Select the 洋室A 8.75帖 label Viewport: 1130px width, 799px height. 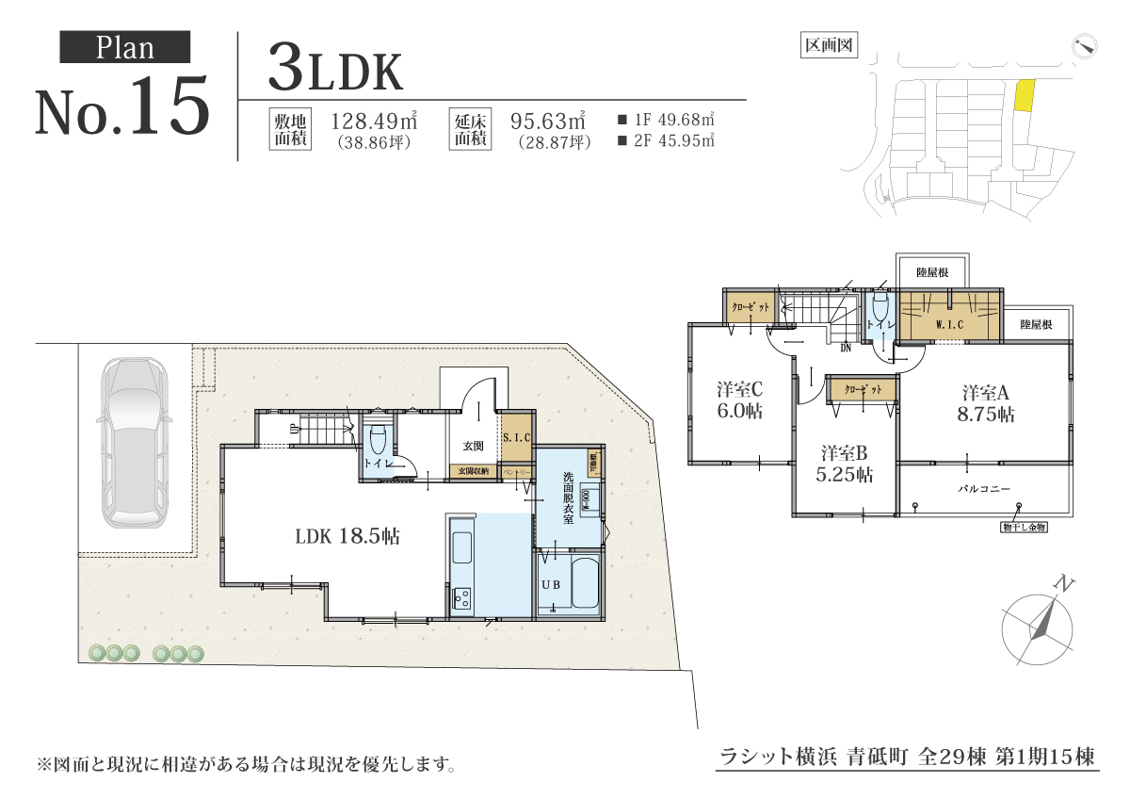pos(985,402)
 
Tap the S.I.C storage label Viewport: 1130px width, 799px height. pos(517,438)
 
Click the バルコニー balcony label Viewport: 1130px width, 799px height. pos(984,490)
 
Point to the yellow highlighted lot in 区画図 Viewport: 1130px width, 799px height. pos(1024,96)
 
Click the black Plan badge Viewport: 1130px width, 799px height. pos(125,47)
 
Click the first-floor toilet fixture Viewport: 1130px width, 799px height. pos(379,441)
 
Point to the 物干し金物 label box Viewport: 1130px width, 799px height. pos(1024,527)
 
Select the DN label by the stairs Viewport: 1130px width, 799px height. pos(845,347)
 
